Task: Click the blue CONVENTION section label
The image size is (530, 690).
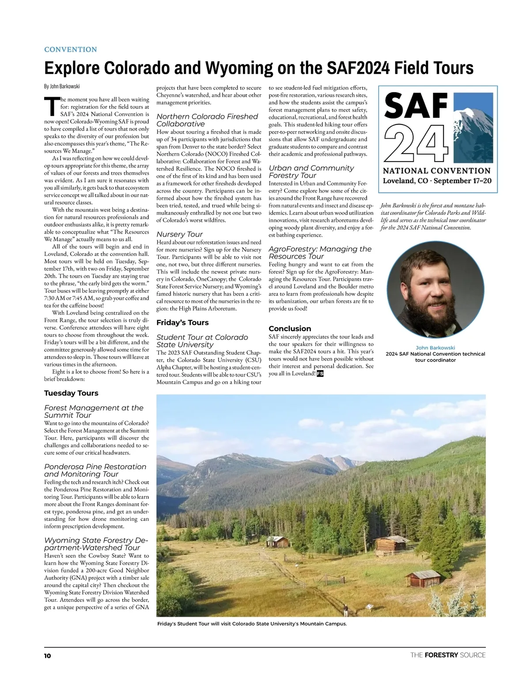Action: (x=71, y=49)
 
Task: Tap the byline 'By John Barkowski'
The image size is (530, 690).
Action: (x=62, y=86)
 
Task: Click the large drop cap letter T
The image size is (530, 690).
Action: (x=51, y=106)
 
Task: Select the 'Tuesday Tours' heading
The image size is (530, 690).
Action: (x=71, y=393)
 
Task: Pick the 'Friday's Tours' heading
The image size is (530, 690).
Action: (x=182, y=323)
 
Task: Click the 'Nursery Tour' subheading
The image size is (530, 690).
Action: (x=179, y=234)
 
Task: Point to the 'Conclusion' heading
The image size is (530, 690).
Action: (x=290, y=328)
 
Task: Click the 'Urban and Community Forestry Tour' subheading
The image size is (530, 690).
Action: (x=311, y=171)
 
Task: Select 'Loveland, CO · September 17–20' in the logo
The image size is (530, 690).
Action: (x=437, y=181)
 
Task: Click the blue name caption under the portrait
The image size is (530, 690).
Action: (x=435, y=348)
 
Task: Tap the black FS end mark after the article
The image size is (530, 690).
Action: (x=320, y=373)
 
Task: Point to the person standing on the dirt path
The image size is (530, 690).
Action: (x=346, y=611)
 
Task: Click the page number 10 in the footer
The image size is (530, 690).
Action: (x=47, y=656)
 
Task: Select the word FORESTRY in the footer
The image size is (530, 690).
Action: (x=441, y=655)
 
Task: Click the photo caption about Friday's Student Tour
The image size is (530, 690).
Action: (x=252, y=624)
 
